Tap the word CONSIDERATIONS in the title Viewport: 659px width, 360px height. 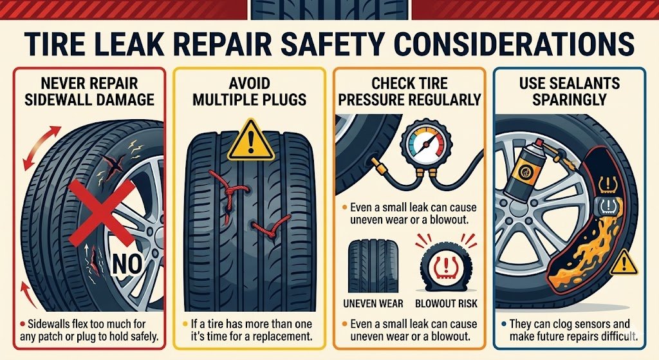514,43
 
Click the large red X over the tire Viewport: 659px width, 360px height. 102,212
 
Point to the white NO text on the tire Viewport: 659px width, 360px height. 127,264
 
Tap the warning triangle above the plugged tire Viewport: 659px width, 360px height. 251,140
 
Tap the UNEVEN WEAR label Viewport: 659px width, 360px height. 373,303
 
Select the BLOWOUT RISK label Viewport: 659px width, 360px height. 447,303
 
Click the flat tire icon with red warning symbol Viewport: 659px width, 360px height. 447,267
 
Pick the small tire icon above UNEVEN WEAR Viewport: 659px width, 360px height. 373,266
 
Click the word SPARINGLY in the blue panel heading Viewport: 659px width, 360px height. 570,100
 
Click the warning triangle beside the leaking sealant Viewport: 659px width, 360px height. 624,263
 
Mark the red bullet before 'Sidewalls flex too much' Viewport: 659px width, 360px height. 23,324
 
